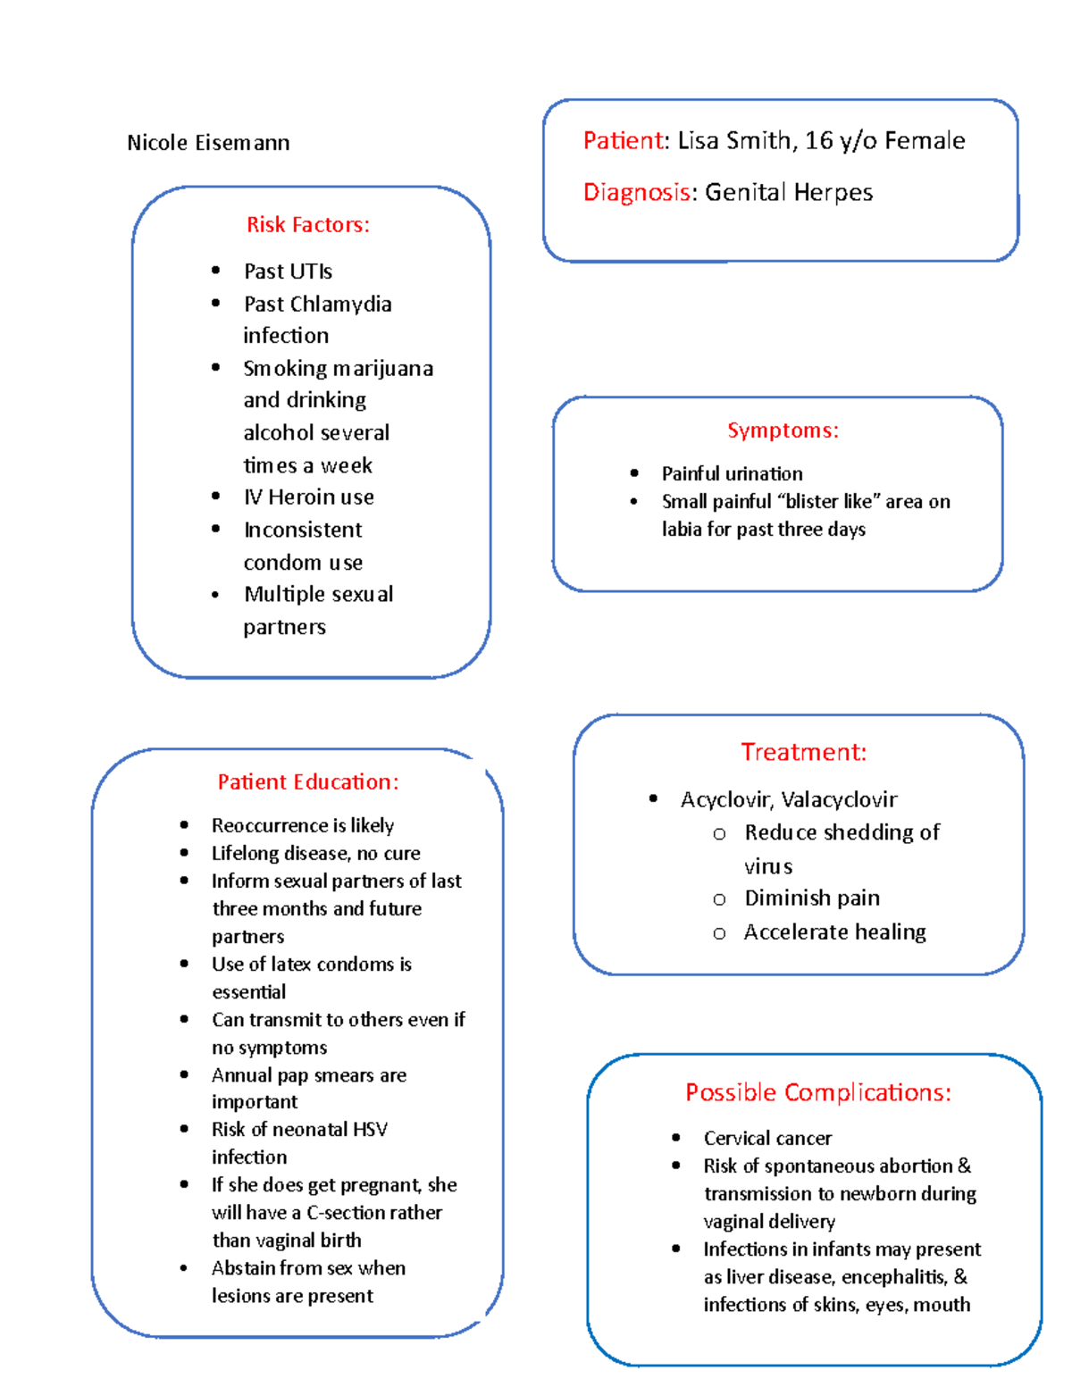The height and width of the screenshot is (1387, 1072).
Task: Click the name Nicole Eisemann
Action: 208,143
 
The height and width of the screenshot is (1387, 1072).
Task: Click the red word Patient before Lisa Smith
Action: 624,141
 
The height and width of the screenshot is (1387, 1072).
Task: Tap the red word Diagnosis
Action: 636,193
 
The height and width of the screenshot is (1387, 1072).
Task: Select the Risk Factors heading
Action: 307,225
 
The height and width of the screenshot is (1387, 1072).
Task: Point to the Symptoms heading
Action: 783,430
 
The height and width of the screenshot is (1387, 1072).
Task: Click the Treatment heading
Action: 803,752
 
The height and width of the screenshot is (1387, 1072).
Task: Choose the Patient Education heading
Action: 308,782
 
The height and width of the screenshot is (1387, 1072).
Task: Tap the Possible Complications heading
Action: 817,1092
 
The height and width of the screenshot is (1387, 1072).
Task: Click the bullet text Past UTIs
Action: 288,272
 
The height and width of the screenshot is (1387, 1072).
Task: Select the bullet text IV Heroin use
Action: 309,497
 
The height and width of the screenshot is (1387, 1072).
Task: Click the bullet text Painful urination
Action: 732,474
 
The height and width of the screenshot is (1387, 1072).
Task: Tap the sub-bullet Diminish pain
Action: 812,898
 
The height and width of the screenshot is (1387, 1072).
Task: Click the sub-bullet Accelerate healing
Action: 834,932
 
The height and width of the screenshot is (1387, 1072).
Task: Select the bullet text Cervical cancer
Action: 767,1139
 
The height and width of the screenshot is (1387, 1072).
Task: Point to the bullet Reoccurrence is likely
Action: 303,825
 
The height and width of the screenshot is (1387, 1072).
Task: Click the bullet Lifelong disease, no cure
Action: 315,854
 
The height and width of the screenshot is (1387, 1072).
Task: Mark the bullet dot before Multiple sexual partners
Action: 215,595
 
